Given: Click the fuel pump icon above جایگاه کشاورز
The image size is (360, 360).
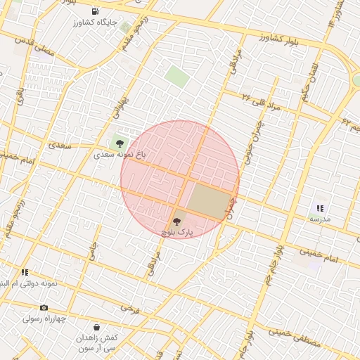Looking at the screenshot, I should (95, 12).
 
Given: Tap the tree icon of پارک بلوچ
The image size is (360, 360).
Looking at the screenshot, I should (175, 221).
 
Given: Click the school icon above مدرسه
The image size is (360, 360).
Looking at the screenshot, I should (320, 208).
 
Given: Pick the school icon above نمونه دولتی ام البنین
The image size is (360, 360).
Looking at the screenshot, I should (25, 272).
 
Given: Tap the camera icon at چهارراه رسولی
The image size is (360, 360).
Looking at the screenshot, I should (44, 307).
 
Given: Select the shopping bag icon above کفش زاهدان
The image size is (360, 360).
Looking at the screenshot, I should (96, 327).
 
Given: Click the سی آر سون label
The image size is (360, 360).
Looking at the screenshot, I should (96, 349).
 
